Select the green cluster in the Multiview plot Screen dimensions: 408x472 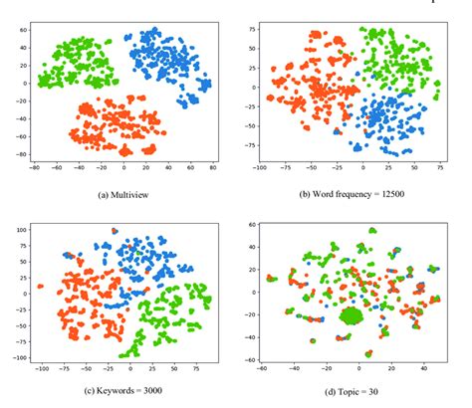(x=75, y=62)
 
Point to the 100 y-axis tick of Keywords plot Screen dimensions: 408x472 (x=20, y=231)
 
